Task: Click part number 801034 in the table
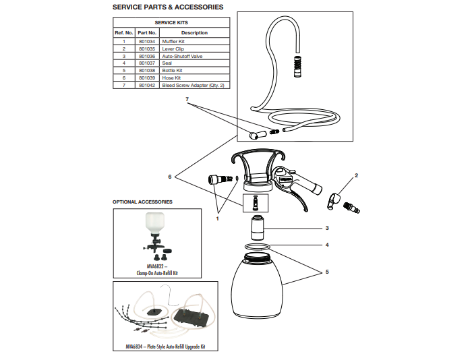pyautogui.click(x=147, y=41)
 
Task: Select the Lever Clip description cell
pyautogui.click(x=174, y=49)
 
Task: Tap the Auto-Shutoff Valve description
pyautogui.click(x=182, y=56)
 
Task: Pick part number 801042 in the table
pyautogui.click(x=147, y=85)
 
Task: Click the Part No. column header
pyautogui.click(x=147, y=32)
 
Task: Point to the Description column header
pyautogui.click(x=194, y=32)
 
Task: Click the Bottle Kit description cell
pyautogui.click(x=173, y=70)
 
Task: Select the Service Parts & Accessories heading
pyautogui.click(x=167, y=7)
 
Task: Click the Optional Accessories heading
pyautogui.click(x=142, y=202)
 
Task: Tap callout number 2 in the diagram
pyautogui.click(x=356, y=175)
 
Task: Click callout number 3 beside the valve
pyautogui.click(x=327, y=228)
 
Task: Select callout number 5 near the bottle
pyautogui.click(x=327, y=272)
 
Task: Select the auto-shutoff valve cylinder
pyautogui.click(x=257, y=229)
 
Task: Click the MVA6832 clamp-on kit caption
pyautogui.click(x=156, y=271)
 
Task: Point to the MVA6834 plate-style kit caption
pyautogui.click(x=165, y=347)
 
